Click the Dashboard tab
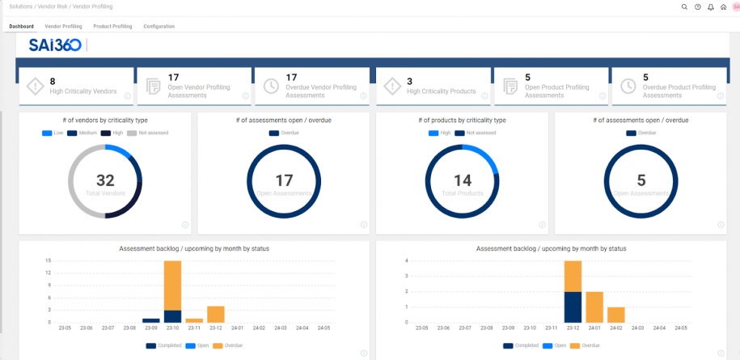point(21,26)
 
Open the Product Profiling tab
point(112,26)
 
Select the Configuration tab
point(159,26)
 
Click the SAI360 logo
point(55,45)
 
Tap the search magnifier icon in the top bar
point(684,6)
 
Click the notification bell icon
point(710,6)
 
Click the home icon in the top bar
point(723,6)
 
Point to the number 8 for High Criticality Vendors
point(53,81)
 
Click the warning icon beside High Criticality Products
point(391,86)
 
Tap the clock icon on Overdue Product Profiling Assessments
point(628,86)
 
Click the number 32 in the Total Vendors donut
point(105,180)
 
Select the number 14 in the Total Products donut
point(462,180)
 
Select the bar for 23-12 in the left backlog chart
point(215,314)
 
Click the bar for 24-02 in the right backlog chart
point(615,315)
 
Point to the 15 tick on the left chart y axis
point(49,260)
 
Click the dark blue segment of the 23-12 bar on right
point(573,307)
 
